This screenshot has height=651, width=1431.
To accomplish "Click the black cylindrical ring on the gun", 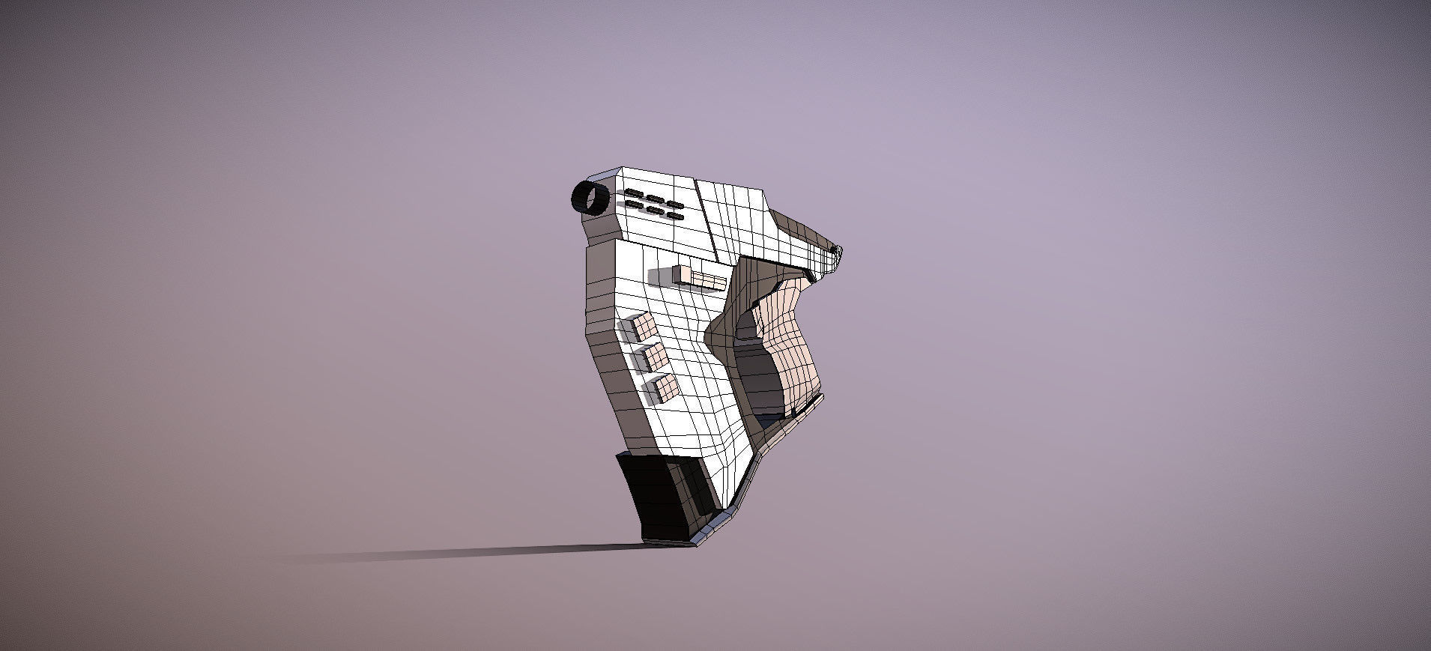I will (x=590, y=198).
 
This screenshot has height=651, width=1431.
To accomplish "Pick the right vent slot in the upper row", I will (x=675, y=205).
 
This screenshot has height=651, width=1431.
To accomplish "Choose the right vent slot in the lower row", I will (x=675, y=216).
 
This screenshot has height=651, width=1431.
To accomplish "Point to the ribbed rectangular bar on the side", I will (x=709, y=281).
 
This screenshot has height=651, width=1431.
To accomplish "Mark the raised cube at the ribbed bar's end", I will (x=681, y=274).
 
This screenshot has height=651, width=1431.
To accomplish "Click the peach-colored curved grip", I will (x=791, y=337).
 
